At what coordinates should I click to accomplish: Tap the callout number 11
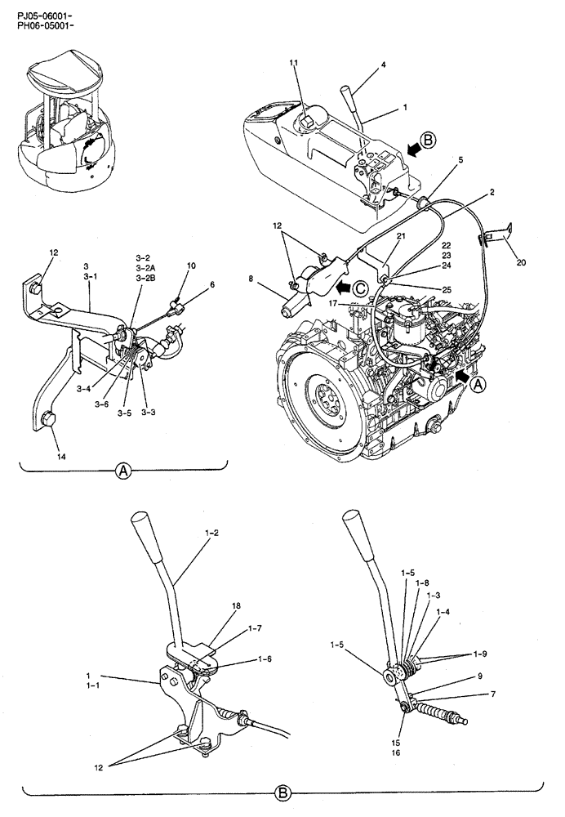tap(293, 63)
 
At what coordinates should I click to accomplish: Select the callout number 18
tap(236, 607)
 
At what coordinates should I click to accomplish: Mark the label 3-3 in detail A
tap(149, 413)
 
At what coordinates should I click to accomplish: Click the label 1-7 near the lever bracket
tap(256, 630)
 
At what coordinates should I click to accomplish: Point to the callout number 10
tap(191, 266)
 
